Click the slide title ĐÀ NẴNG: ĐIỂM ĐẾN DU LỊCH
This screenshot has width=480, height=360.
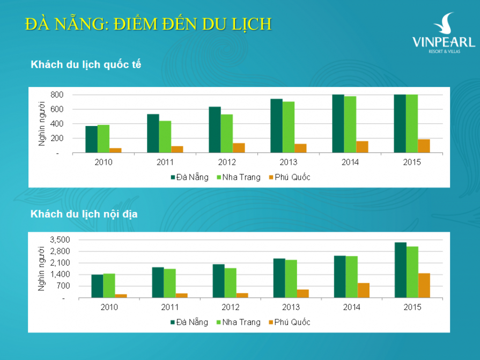149,24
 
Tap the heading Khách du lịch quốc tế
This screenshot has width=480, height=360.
86,65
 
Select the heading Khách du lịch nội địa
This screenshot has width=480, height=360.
85,214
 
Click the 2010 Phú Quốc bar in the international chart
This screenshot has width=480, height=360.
115,150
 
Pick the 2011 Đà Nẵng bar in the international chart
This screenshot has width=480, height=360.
153,134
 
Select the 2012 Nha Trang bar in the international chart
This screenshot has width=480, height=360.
226,134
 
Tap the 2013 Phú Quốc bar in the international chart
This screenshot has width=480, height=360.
300,148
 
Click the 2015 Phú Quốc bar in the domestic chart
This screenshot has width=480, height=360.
424,285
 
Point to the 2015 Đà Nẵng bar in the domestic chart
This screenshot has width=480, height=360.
401,270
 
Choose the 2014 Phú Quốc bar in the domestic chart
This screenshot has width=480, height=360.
363,290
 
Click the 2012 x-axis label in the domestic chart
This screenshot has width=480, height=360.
230,307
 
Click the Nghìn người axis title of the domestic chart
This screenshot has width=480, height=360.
41,268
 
